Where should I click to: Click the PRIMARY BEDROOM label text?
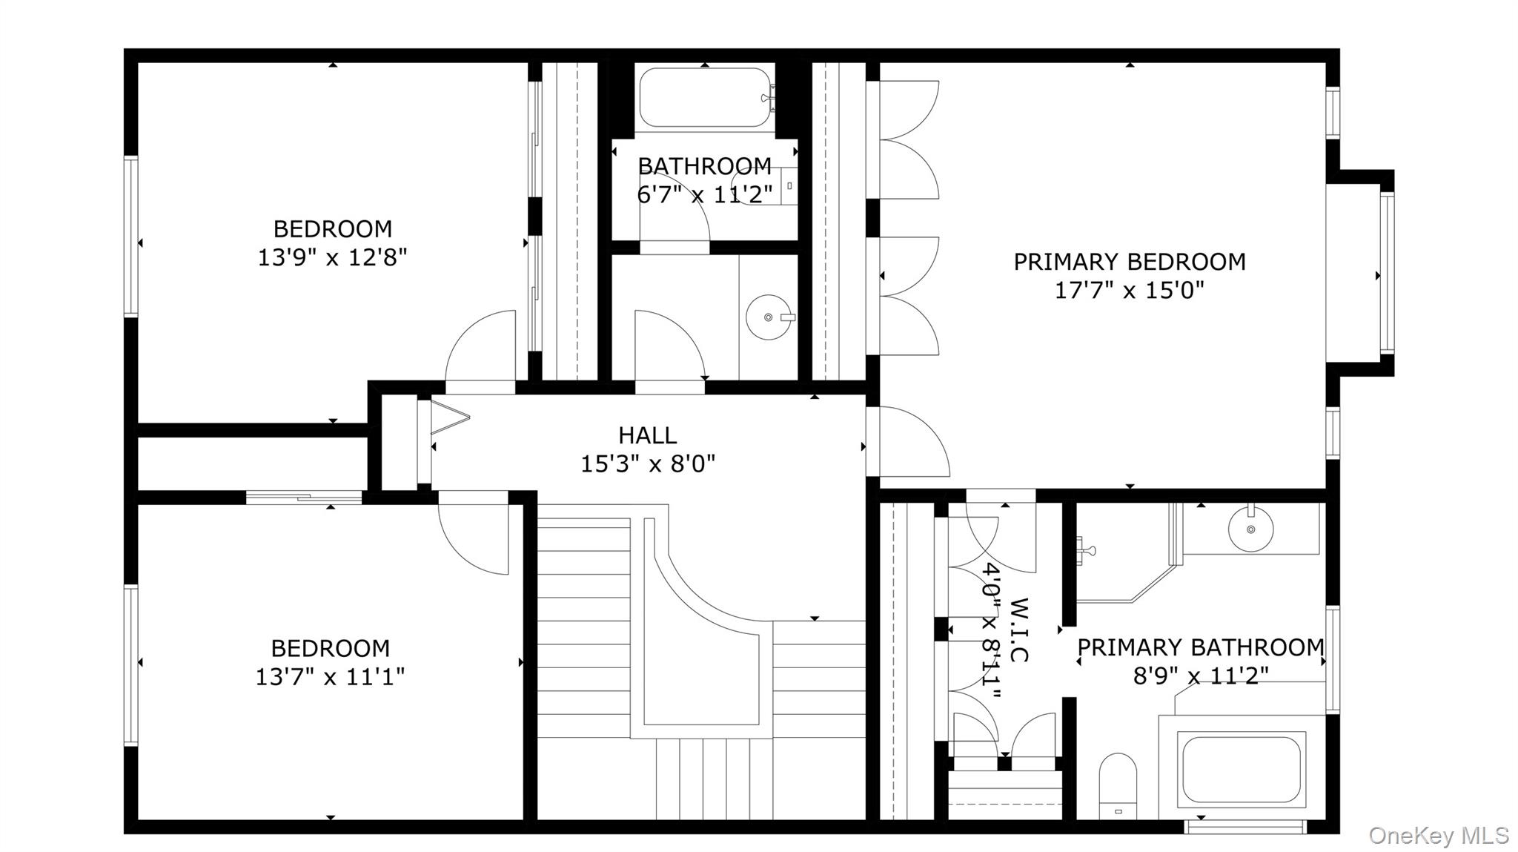[1129, 262]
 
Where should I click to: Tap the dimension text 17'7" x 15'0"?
[1129, 291]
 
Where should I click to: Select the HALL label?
[647, 435]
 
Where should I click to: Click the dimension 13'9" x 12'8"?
[332, 258]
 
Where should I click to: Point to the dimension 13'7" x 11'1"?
[330, 677]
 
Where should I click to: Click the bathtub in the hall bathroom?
[704, 97]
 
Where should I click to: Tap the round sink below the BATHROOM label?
[768, 317]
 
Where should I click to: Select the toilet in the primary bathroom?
[1118, 786]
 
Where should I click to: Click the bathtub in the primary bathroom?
[1241, 769]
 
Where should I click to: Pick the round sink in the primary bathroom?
[1250, 529]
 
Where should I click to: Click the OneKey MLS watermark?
[1438, 836]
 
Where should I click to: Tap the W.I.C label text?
[1019, 630]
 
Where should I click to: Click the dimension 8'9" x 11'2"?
[1200, 676]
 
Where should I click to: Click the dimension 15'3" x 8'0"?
[647, 464]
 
